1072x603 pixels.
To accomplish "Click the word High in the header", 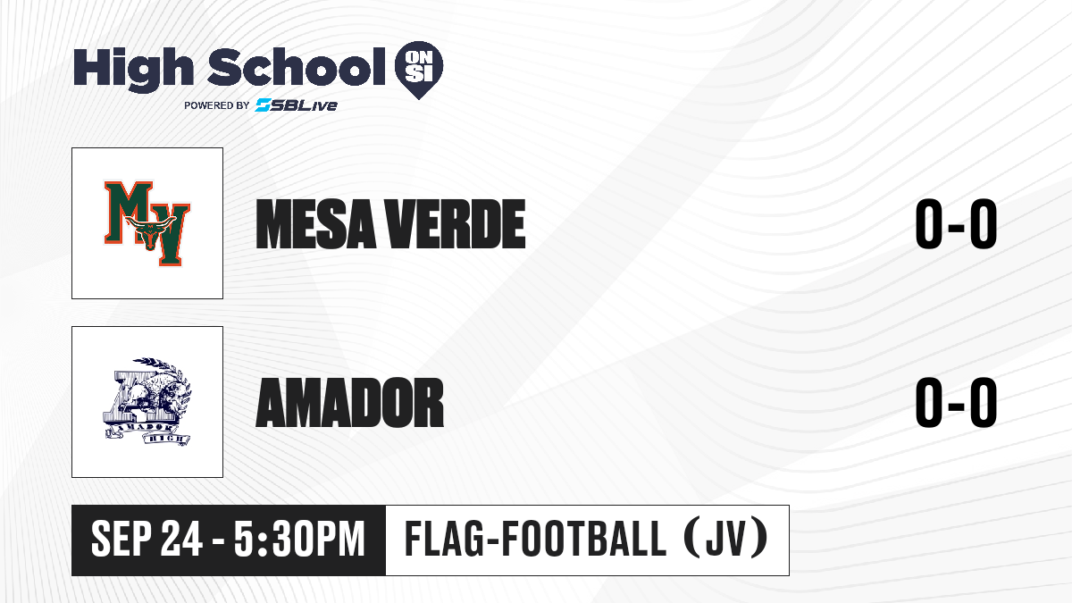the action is [133, 70].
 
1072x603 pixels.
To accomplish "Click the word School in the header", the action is [297, 66].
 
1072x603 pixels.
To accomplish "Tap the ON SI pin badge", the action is [419, 70].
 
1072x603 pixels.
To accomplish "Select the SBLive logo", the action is [297, 105].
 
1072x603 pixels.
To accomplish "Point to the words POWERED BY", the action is [217, 105].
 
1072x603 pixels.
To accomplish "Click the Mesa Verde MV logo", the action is [147, 223].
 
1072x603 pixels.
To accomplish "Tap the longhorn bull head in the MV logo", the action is [150, 232].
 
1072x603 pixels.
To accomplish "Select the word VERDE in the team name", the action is [456, 224].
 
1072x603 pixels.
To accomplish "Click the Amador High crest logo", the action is [147, 402].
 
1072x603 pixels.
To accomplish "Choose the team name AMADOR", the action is [350, 403].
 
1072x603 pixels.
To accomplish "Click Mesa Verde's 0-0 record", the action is [956, 224].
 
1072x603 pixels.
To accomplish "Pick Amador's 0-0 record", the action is [956, 403].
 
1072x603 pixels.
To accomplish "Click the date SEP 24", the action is [147, 540].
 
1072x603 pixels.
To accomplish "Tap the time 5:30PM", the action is [299, 540].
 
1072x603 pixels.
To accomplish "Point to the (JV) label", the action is [726, 539].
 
